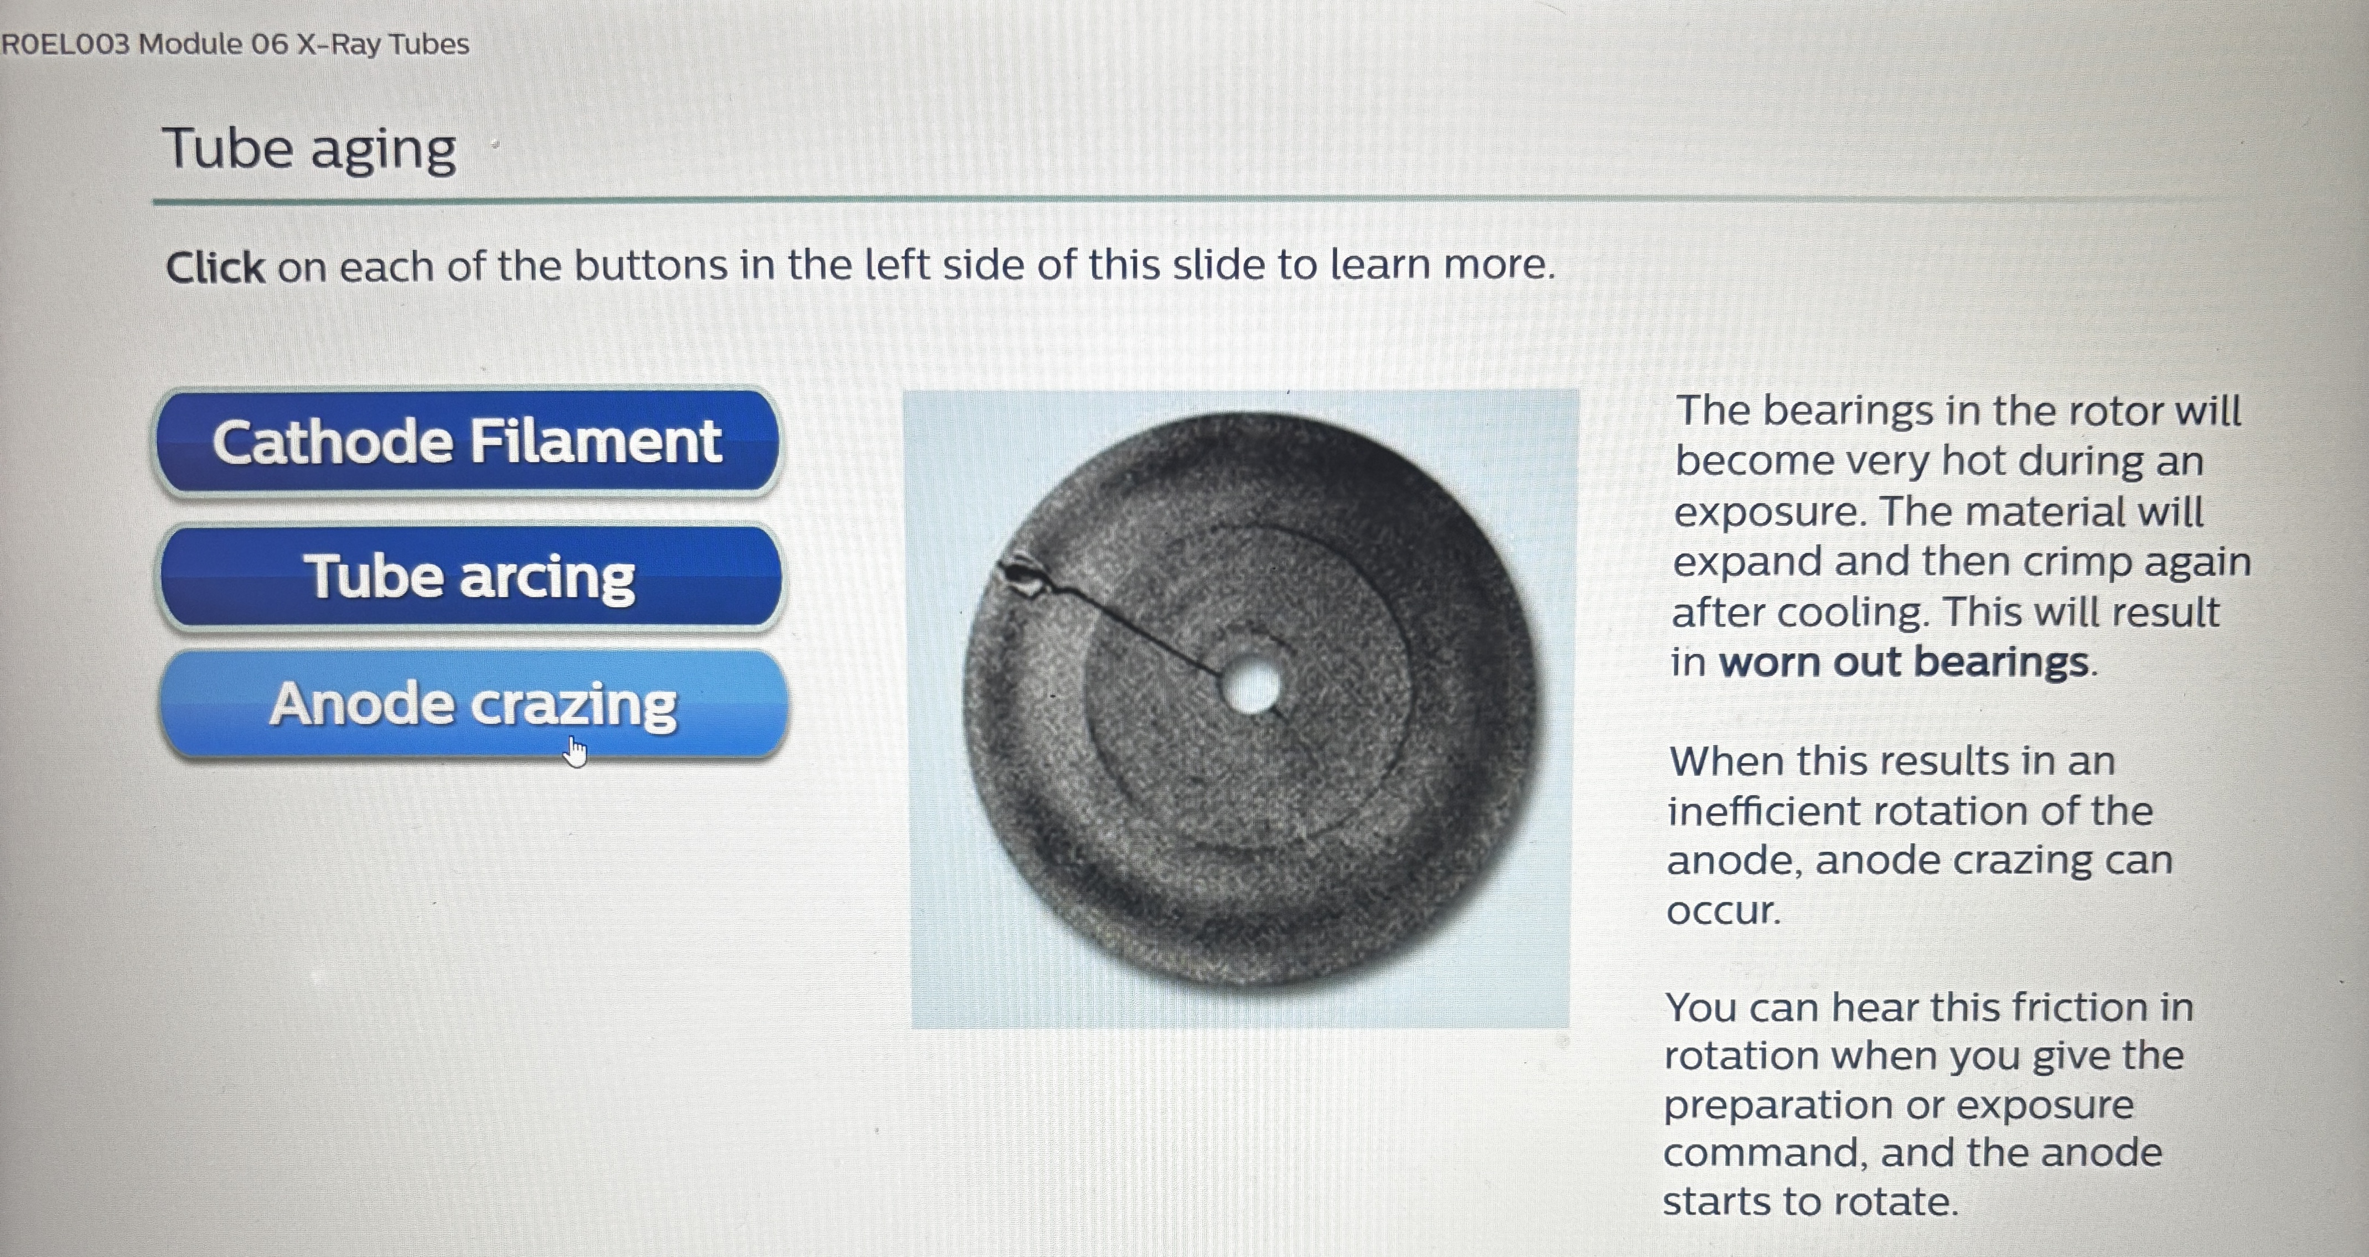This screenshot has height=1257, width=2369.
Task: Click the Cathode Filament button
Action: [x=467, y=441]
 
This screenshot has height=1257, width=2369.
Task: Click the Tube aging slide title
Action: [x=309, y=149]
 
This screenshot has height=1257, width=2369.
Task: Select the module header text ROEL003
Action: [x=66, y=44]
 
